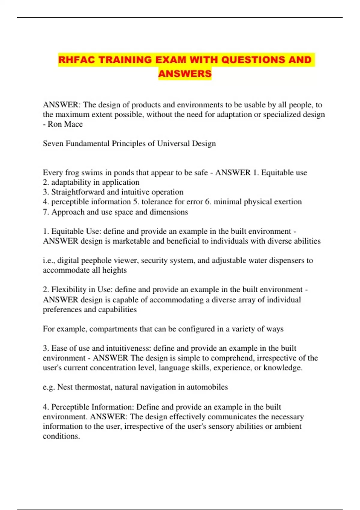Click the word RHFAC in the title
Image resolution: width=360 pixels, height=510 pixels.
click(x=76, y=60)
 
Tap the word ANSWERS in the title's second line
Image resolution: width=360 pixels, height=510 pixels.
click(x=185, y=73)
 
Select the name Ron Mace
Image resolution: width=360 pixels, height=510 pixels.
click(x=65, y=124)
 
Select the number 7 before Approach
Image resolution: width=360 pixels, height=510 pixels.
click(x=45, y=212)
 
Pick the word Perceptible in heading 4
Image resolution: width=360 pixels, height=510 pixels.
click(x=70, y=407)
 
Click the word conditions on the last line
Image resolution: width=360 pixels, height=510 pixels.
click(x=61, y=436)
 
